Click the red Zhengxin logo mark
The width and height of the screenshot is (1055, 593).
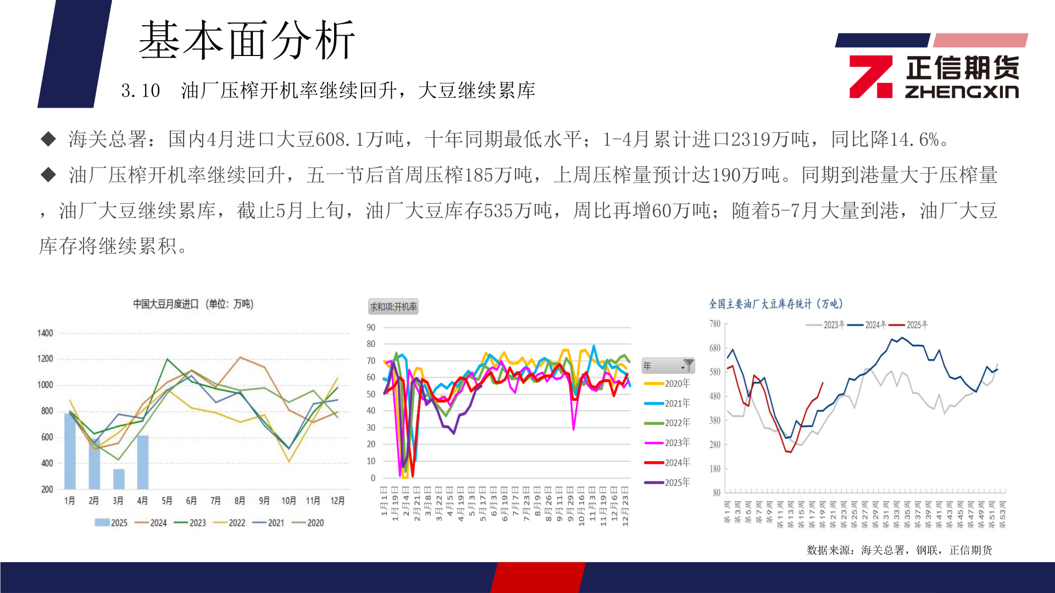(x=870, y=77)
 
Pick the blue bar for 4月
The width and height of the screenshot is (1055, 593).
(x=143, y=462)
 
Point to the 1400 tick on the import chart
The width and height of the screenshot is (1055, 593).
(x=45, y=333)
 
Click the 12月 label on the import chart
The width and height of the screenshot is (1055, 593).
(x=337, y=501)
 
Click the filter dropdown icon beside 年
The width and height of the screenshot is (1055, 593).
(x=687, y=366)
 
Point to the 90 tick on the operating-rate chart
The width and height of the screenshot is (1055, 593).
(x=371, y=328)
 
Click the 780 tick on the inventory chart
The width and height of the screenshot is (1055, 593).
(x=714, y=324)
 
